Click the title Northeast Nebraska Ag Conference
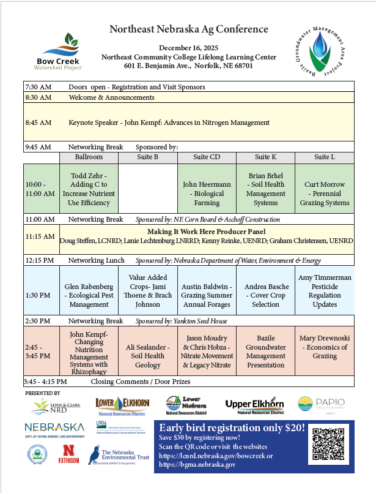point(188,29)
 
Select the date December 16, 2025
point(188,48)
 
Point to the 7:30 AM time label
point(38,87)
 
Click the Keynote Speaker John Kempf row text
point(169,122)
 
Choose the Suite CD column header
point(206,157)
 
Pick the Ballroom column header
point(89,157)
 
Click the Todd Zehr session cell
point(89,189)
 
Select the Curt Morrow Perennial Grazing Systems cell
point(324,189)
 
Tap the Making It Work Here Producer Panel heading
point(207,232)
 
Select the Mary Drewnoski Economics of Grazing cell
point(324,347)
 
